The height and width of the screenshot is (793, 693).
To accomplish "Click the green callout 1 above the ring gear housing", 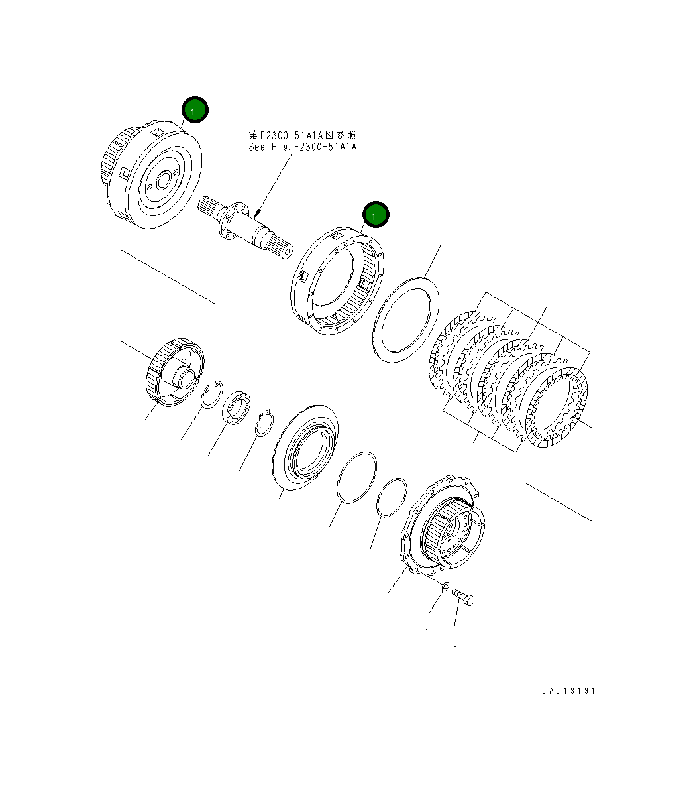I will (376, 215).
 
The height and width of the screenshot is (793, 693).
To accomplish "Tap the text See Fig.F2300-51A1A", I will (302, 147).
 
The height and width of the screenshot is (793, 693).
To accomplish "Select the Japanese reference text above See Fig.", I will (302, 135).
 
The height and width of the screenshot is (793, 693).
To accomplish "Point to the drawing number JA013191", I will (568, 691).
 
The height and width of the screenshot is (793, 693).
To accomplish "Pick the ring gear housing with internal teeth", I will (338, 282).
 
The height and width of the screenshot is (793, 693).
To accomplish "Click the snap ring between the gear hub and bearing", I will (213, 396).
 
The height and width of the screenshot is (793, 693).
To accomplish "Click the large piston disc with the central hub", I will (305, 448).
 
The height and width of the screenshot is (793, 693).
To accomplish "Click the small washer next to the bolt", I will (445, 586).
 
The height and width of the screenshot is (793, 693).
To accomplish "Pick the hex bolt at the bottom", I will (463, 597).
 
